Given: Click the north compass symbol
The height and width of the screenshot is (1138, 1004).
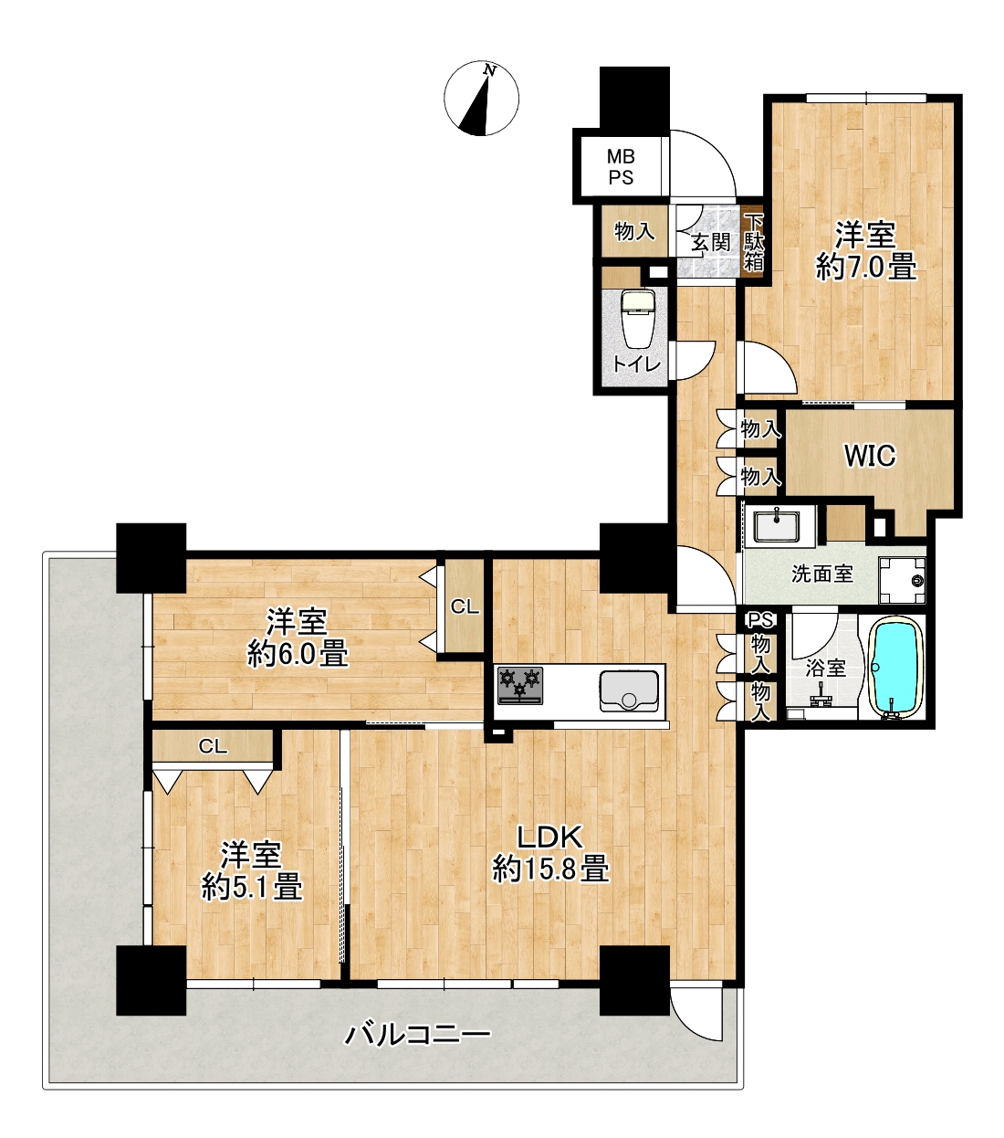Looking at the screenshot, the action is click(481, 99).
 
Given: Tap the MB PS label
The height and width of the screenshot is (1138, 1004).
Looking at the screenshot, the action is click(621, 167).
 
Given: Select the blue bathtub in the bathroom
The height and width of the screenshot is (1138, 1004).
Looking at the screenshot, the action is click(896, 669).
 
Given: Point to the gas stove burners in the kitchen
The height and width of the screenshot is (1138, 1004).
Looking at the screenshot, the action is click(520, 685).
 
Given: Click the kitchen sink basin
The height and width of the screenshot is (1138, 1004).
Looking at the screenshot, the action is click(628, 690).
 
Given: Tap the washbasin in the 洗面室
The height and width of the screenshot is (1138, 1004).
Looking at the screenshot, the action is click(777, 526).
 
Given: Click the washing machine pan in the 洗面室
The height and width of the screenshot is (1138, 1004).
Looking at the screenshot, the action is click(902, 581).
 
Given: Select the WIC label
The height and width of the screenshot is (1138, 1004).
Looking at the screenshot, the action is click(870, 456).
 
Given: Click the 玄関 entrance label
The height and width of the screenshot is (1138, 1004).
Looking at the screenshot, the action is click(710, 243).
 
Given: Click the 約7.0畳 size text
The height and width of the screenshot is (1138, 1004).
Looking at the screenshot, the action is click(865, 267).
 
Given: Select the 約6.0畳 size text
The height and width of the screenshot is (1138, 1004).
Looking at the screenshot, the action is click(298, 653).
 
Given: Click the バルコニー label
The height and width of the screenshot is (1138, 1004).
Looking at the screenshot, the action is click(417, 1035).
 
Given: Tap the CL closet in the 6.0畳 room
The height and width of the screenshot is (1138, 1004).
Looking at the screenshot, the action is click(465, 606).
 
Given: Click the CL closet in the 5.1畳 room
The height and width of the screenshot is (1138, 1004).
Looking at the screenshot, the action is click(213, 746).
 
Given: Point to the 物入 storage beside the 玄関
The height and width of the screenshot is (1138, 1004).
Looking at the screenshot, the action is click(634, 231).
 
